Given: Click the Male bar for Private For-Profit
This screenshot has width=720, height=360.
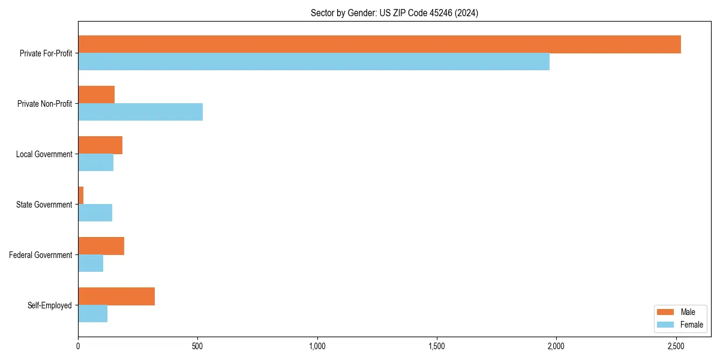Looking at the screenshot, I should pyautogui.click(x=379, y=44).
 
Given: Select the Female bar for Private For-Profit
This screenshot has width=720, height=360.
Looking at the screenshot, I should pyautogui.click(x=314, y=62).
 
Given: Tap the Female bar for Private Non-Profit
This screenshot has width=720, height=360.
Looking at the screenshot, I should pyautogui.click(x=140, y=112).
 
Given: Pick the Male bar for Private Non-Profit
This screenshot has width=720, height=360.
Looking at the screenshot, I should pyautogui.click(x=96, y=95).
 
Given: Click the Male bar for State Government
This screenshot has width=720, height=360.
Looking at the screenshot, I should pyautogui.click(x=81, y=196).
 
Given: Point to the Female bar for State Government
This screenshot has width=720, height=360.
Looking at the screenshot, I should pyautogui.click(x=95, y=213).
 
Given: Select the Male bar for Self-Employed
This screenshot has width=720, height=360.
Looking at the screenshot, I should pyautogui.click(x=116, y=296).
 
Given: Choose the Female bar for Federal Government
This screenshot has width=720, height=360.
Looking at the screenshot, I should pyautogui.click(x=91, y=263).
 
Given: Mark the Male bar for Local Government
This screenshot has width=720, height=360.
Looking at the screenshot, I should pyautogui.click(x=100, y=145).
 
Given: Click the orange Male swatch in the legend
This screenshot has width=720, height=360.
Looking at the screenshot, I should pyautogui.click(x=666, y=312).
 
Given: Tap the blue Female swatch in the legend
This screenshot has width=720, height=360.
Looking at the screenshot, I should pyautogui.click(x=666, y=325).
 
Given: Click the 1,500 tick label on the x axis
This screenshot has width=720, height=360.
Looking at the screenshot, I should pyautogui.click(x=437, y=346).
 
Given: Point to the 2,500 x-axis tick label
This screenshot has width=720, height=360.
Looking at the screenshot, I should pyautogui.click(x=676, y=346).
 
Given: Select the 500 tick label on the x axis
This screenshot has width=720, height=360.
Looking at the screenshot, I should pyautogui.click(x=197, y=346).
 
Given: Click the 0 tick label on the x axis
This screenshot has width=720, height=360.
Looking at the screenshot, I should pyautogui.click(x=78, y=346).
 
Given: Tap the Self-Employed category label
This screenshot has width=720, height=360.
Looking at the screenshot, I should pyautogui.click(x=50, y=305).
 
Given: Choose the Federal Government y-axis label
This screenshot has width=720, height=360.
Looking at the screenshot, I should pyautogui.click(x=41, y=255).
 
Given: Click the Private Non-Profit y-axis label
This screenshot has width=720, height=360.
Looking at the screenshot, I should pyautogui.click(x=44, y=104).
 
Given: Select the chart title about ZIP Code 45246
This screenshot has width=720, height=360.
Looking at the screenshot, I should pyautogui.click(x=394, y=13).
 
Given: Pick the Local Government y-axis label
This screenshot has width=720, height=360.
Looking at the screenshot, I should pyautogui.click(x=44, y=154).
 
